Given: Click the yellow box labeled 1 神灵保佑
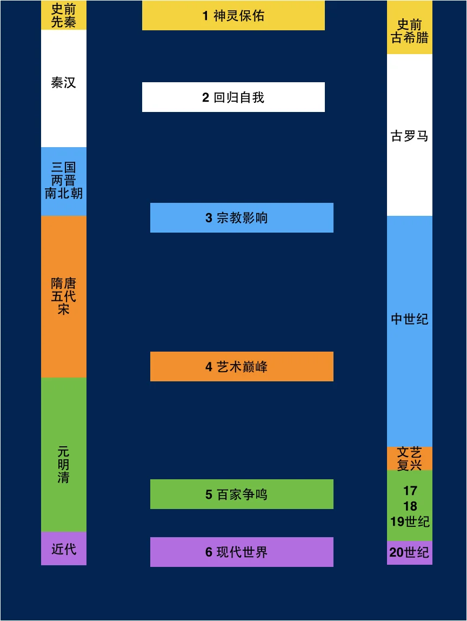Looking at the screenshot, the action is (x=233, y=16).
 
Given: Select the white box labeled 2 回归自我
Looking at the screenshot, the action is (x=233, y=97).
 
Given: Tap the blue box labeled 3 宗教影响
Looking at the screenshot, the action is (x=242, y=218).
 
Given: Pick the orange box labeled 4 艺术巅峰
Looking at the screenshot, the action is (x=242, y=367).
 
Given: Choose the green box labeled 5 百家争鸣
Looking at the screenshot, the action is (x=242, y=494).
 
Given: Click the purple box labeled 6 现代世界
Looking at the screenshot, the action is (x=242, y=552).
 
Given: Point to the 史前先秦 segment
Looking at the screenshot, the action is (x=64, y=16).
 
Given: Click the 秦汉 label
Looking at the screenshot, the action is (x=64, y=83).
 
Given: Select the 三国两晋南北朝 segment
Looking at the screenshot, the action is (x=64, y=181).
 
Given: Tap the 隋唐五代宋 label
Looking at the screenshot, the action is (x=64, y=296).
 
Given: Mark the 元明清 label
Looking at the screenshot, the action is (x=64, y=464).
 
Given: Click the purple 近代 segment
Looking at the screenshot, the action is (x=64, y=549).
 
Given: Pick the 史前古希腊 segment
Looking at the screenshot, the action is (x=410, y=31).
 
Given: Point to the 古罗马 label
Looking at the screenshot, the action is (x=410, y=136).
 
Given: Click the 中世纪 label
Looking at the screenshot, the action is (x=410, y=319).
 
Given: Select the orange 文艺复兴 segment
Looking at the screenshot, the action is (x=410, y=458).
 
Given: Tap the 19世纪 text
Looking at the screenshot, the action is (x=410, y=521).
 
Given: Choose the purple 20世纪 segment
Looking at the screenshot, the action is (x=410, y=553).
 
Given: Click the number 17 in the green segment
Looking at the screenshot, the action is (x=410, y=491).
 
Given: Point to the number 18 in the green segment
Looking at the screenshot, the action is (x=410, y=506).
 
